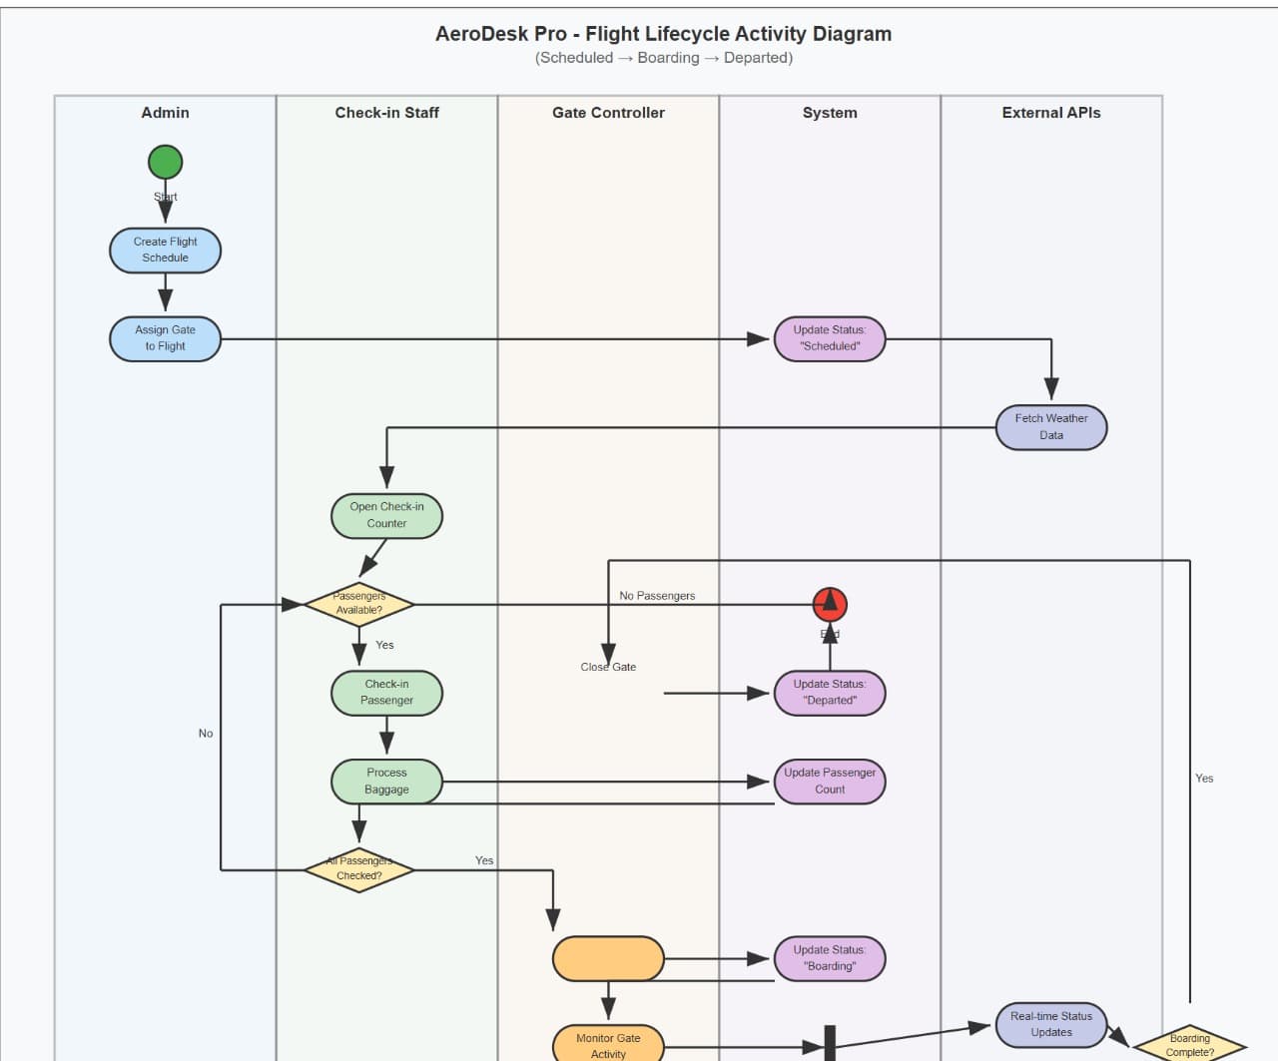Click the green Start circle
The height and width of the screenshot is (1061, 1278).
coord(165,162)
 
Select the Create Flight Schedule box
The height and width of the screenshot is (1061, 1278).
coord(165,250)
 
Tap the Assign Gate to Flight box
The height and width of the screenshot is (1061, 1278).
coord(165,338)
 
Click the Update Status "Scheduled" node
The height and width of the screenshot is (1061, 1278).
coord(830,338)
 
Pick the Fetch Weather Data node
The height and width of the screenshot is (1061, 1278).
coord(1050,427)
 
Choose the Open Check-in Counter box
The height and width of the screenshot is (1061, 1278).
coord(386,515)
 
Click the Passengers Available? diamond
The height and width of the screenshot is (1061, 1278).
coord(358,604)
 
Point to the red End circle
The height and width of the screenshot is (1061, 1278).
coord(830,604)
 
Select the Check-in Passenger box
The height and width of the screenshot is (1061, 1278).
coord(386,693)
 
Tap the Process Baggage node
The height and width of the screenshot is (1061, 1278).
coord(386,781)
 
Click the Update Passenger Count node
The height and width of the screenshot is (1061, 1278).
coord(830,781)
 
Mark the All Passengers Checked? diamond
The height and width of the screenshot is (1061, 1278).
coord(358,869)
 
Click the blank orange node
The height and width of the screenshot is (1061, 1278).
coord(608,958)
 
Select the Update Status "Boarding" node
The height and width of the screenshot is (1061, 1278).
coord(830,958)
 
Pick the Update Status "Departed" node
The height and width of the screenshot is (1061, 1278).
coord(830,693)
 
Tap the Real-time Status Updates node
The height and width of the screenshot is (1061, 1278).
coord(1050,1024)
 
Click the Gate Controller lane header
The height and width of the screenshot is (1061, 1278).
coord(608,113)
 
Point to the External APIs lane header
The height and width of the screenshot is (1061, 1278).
coord(1050,113)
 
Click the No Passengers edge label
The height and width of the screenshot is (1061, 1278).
coord(657,596)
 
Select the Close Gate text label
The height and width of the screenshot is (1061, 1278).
coord(608,667)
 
